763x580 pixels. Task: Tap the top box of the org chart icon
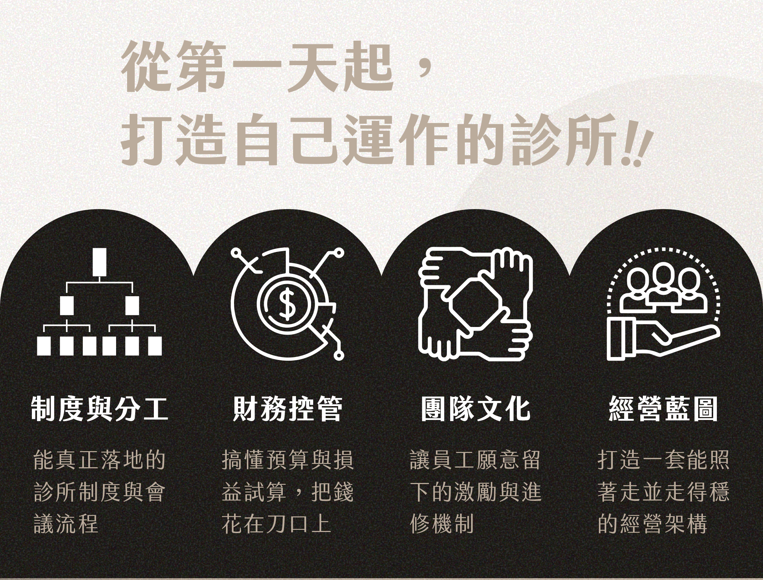(99, 262)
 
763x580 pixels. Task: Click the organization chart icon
(99, 302)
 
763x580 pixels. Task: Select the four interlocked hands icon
(475, 303)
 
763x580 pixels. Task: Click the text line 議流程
(66, 523)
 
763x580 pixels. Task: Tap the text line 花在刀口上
(277, 523)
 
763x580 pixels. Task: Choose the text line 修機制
(442, 523)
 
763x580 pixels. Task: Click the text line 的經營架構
(652, 523)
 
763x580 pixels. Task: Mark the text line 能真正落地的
(99, 460)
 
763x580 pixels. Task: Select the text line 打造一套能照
(663, 460)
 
